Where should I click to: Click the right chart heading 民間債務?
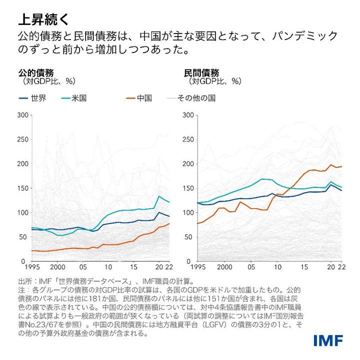[x=201, y=72]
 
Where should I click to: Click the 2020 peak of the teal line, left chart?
[x=159, y=196]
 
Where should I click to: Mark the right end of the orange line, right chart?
[x=341, y=166]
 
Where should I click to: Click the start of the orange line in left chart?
[x=32, y=250]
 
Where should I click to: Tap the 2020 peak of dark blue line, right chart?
[x=330, y=184]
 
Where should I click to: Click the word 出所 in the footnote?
[x=25, y=282]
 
